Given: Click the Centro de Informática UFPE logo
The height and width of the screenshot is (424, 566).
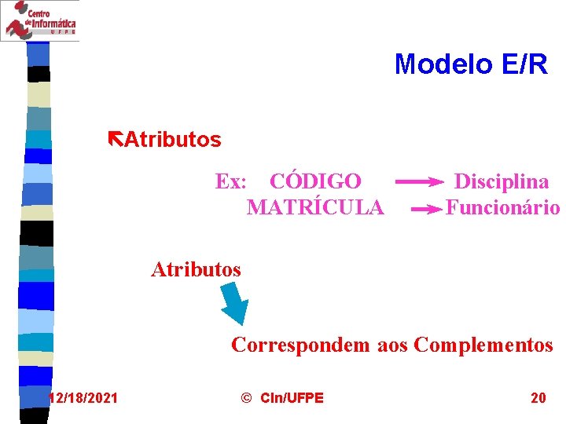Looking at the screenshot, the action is coord(40,20).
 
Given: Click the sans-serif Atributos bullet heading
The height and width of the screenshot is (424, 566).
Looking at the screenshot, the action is coord(173,141).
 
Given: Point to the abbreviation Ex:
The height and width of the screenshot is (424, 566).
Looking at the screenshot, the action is coord(232,181).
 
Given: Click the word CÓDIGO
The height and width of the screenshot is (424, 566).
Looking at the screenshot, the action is coord(315,181).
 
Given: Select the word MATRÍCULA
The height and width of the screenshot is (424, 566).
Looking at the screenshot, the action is coord(315,208).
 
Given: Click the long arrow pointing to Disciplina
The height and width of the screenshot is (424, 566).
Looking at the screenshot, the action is coord(418,182).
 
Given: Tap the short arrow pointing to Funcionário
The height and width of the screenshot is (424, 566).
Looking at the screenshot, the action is coord(427,210).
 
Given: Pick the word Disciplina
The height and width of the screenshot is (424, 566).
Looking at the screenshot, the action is coord(502,181).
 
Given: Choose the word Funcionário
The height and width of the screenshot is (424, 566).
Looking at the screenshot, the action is coord(502,208).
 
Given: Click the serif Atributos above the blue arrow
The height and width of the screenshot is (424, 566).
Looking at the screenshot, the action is coord(196,269).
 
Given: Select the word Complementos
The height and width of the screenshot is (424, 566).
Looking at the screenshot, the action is coord(483,345).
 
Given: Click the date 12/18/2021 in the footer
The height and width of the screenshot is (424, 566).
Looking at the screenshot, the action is coord(83,398).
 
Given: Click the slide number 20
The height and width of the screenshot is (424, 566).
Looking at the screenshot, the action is coord(538,398).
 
